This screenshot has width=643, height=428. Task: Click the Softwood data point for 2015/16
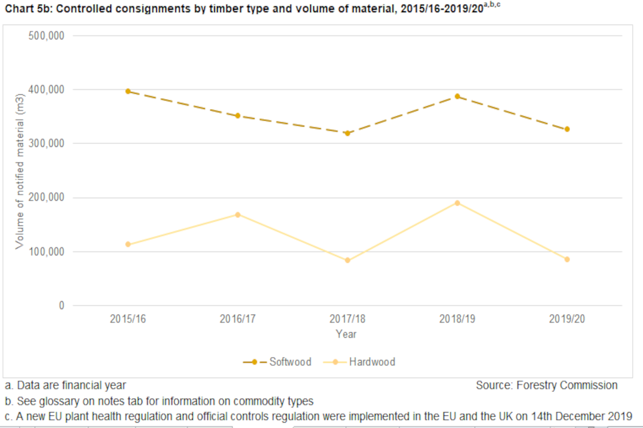tap(128, 91)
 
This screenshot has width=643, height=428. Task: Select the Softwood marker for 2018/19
tap(457, 96)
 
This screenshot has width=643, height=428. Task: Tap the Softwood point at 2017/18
tap(348, 133)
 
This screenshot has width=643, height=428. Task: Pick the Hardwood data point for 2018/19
tap(457, 203)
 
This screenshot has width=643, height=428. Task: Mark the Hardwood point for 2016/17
tap(238, 215)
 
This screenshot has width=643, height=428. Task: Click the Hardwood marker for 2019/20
tap(567, 259)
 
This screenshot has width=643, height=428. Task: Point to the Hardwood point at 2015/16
tap(128, 244)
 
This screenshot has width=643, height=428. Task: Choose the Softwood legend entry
tap(278, 362)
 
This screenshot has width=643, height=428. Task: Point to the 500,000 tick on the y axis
tap(46, 35)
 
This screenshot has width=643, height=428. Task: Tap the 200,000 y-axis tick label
tap(46, 197)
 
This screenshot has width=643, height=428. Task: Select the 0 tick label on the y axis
tap(61, 306)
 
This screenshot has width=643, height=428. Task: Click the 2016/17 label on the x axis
tap(238, 319)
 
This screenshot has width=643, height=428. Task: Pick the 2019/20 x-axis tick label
tap(567, 319)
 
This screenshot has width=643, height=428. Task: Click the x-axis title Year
tap(346, 334)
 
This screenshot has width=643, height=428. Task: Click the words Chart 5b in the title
tap(25, 11)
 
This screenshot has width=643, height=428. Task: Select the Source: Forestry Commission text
tap(547, 385)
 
